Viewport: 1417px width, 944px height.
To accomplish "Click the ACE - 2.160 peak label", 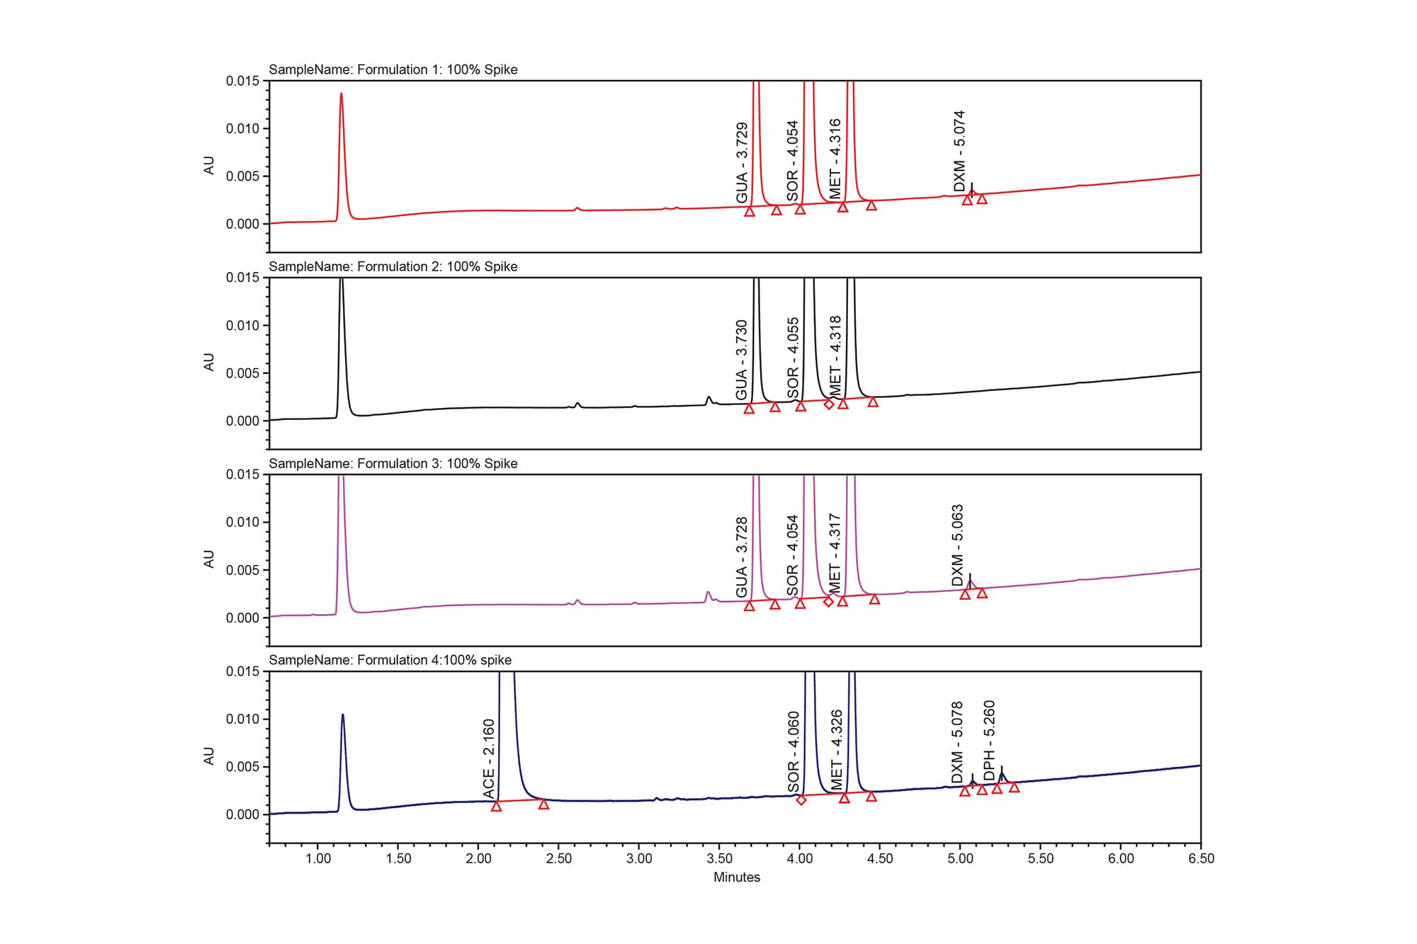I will click(x=489, y=758).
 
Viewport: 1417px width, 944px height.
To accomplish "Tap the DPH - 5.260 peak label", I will click(x=990, y=740).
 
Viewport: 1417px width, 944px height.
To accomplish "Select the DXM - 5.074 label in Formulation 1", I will click(x=959, y=150).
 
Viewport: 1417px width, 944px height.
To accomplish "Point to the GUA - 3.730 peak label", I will click(x=742, y=360).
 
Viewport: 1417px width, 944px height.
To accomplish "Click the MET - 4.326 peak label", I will click(x=837, y=750).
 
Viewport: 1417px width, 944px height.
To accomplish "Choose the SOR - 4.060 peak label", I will click(x=794, y=751).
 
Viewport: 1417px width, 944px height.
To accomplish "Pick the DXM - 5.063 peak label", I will click(x=958, y=545).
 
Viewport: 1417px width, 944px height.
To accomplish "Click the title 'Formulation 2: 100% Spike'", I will click(x=393, y=267).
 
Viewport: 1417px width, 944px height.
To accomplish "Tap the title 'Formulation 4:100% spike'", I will click(x=390, y=660).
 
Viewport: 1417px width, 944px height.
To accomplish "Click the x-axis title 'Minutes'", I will click(x=737, y=877).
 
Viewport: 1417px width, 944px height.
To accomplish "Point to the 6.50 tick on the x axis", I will click(x=1201, y=859).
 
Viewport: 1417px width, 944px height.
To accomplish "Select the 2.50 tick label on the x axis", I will click(x=559, y=859).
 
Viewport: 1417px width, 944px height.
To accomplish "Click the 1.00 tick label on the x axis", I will click(x=318, y=859).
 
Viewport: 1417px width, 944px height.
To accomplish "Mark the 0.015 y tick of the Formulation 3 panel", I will click(x=242, y=474).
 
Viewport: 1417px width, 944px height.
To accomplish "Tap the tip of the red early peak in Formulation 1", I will click(x=341, y=93).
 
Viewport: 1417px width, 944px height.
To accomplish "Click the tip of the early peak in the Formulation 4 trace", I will click(x=343, y=715).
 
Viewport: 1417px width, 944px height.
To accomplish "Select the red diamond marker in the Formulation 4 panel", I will click(x=801, y=800).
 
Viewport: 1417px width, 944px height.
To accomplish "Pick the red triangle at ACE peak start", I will click(x=497, y=806).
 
